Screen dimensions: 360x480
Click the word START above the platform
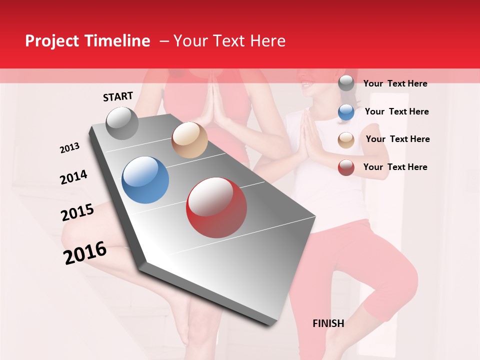(x=118, y=96)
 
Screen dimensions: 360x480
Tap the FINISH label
(x=328, y=323)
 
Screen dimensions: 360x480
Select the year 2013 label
(x=70, y=148)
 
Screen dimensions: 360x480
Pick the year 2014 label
(x=73, y=177)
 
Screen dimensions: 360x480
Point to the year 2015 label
(x=77, y=212)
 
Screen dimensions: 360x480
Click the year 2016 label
(x=85, y=253)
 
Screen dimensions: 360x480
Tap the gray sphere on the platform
(x=122, y=123)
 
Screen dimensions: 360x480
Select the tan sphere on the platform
(x=189, y=140)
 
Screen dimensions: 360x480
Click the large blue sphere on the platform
(x=145, y=180)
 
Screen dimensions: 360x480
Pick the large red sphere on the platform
(x=216, y=207)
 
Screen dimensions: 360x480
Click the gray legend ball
(x=346, y=83)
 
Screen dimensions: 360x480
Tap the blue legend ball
(x=346, y=111)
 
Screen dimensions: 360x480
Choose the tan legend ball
(x=346, y=139)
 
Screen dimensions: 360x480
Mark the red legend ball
(x=346, y=167)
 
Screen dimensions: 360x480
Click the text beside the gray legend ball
(x=395, y=83)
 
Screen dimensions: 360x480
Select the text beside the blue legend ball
(x=396, y=111)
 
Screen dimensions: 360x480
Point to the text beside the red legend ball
(x=395, y=167)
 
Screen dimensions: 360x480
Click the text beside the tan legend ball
(x=397, y=139)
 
